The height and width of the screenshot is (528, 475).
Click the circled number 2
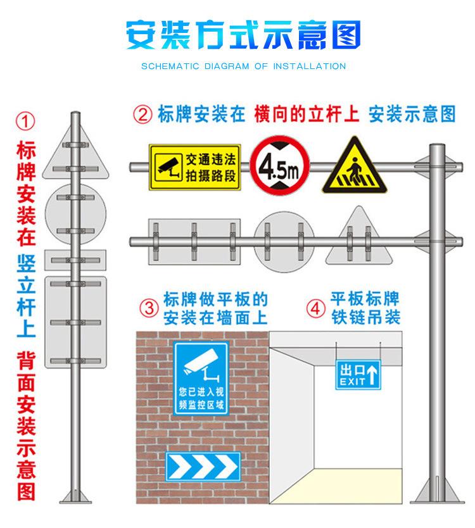pyautogui.click(x=142, y=115)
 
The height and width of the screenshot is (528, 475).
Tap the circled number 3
pyautogui.click(x=149, y=308)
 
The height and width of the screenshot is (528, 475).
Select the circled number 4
pyautogui.click(x=315, y=308)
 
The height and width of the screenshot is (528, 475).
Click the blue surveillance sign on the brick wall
pyautogui.click(x=202, y=377)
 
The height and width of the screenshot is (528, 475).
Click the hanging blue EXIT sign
pyautogui.click(x=357, y=375)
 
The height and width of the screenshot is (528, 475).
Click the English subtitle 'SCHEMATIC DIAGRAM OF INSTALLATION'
pyautogui.click(x=243, y=66)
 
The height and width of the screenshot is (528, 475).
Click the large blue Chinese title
pyautogui.click(x=243, y=35)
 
